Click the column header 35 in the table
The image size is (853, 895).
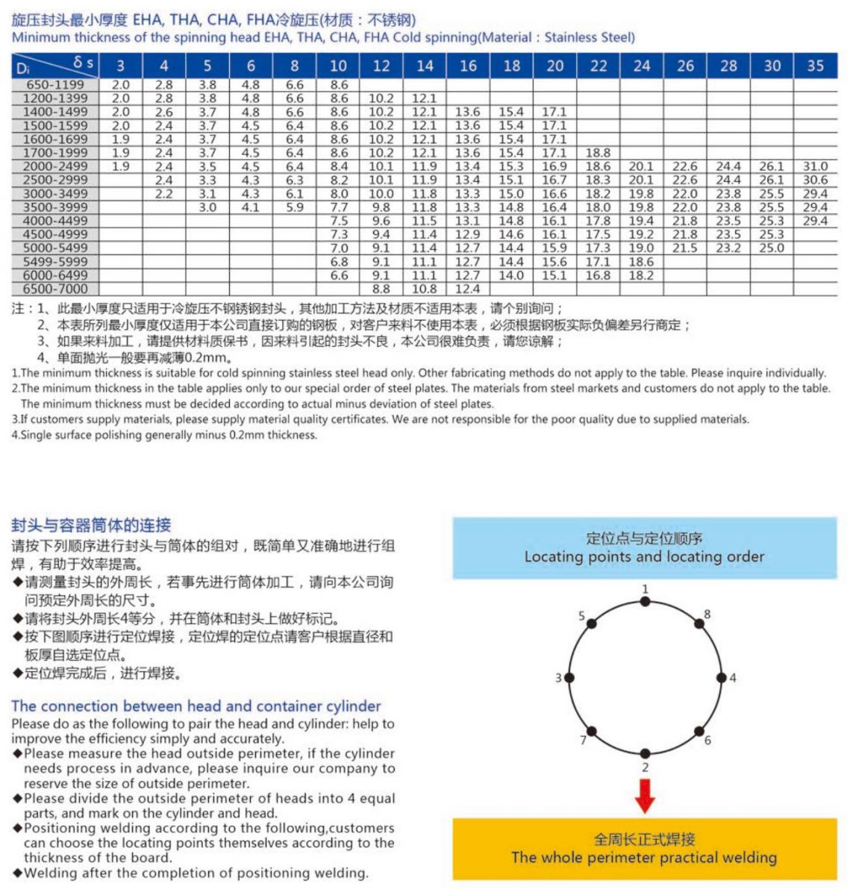815,66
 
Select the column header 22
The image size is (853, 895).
599,66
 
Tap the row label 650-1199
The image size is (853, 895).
55,85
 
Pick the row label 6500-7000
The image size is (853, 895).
55,289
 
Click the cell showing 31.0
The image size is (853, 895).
815,166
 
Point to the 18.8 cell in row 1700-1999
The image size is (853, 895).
598,153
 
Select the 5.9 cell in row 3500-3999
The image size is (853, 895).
295,207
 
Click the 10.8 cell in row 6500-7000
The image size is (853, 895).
425,289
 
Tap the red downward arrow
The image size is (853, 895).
645,796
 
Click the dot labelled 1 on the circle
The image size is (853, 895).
646,602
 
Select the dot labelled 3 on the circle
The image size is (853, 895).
569,678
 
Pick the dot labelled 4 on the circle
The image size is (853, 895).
721,678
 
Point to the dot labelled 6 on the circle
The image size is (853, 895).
699,732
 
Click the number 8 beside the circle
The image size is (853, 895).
707,615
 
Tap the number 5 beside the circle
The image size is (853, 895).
582,616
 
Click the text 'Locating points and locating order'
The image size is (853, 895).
644,556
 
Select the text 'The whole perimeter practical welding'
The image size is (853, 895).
644,857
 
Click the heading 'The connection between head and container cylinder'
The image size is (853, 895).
196,706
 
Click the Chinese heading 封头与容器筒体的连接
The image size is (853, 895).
91,524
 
